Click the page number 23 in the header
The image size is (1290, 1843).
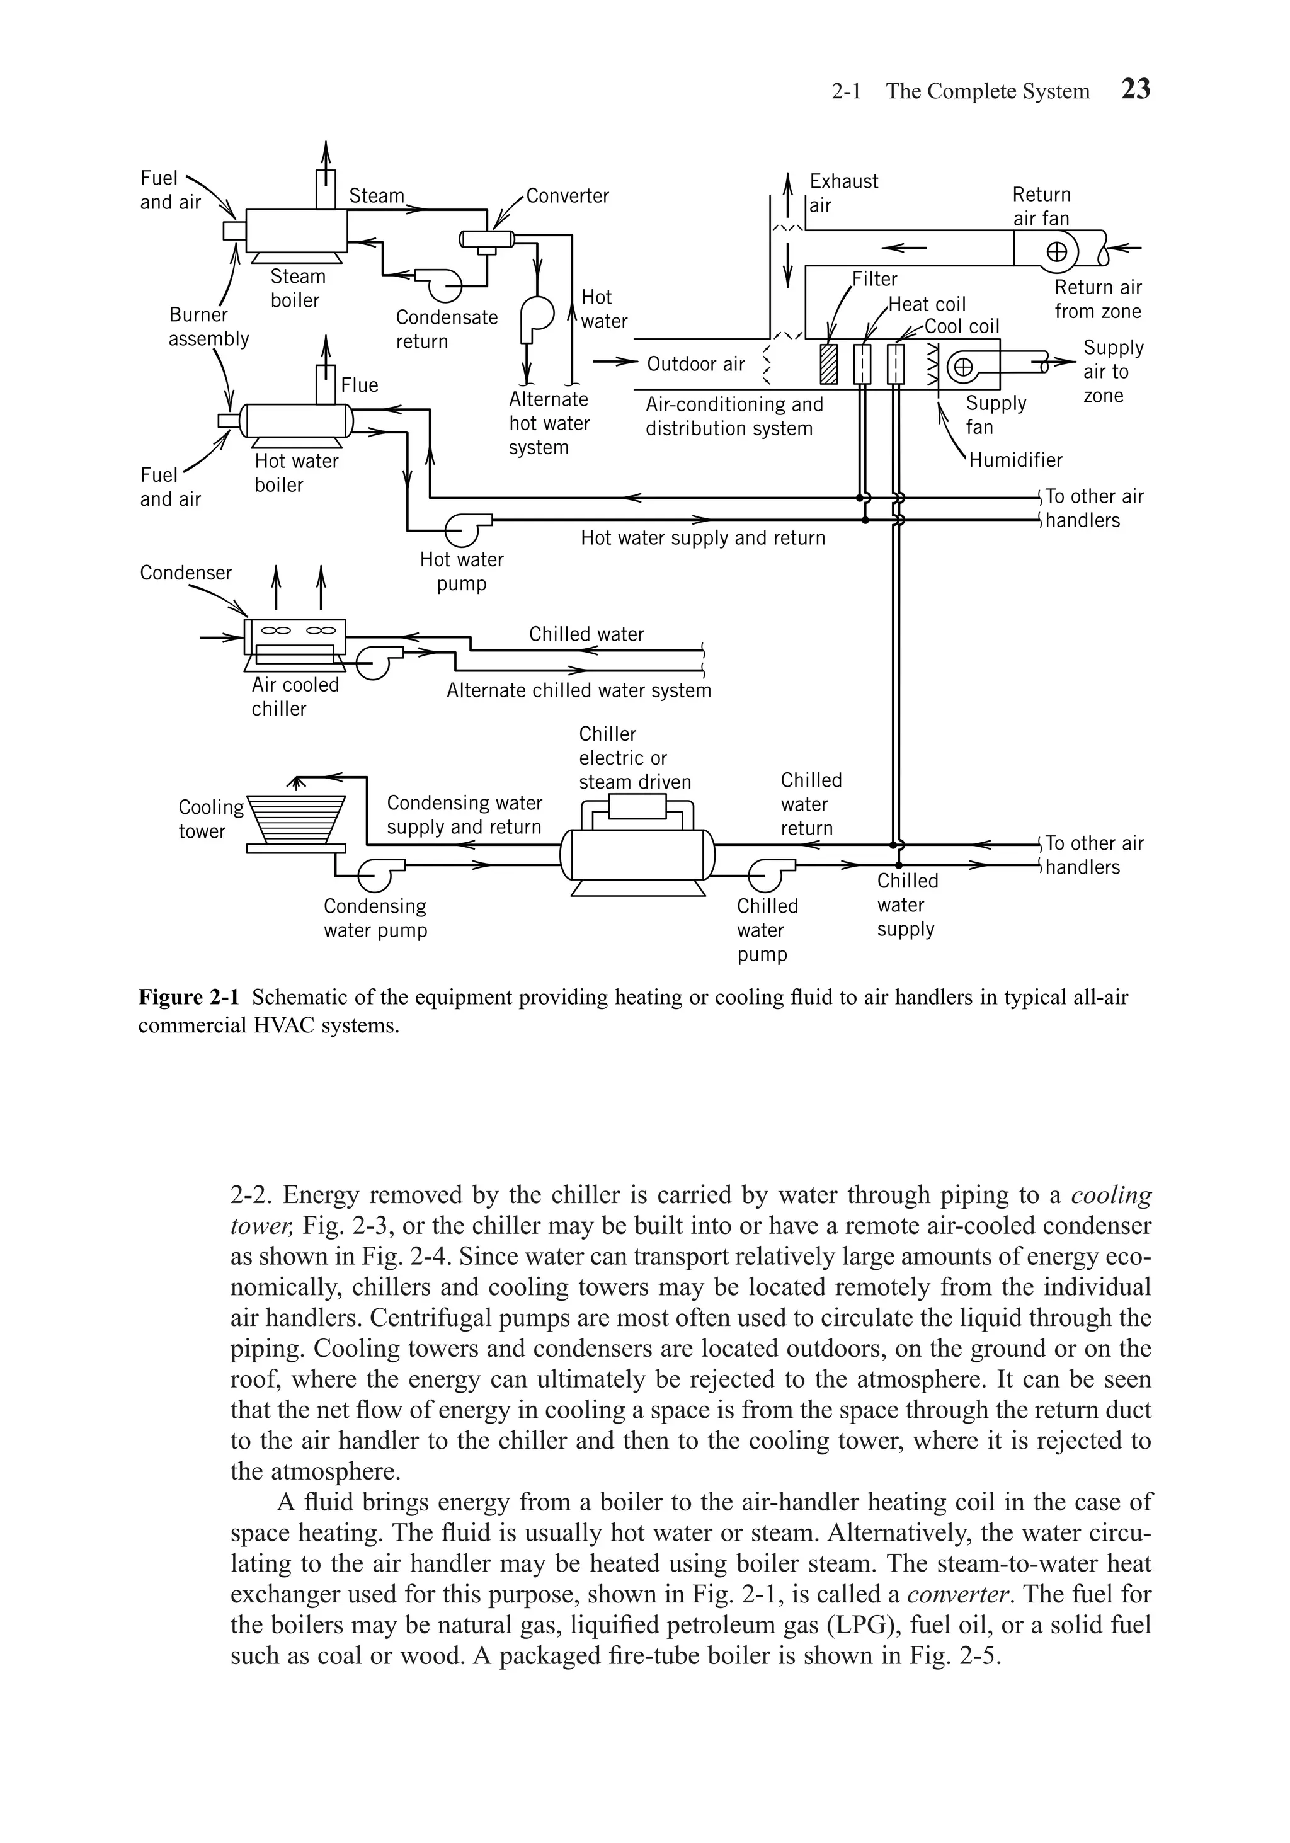point(1135,89)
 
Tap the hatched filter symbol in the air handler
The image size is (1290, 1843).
point(828,365)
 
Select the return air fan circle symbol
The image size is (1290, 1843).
point(1057,252)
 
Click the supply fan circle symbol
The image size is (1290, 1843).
point(962,368)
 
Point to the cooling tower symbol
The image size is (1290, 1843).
point(295,819)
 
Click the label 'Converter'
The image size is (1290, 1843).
point(567,196)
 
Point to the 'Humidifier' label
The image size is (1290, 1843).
point(1015,460)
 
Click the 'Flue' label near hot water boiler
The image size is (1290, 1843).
point(359,385)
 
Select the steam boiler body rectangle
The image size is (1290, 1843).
point(296,231)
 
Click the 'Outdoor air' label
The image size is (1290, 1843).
point(695,365)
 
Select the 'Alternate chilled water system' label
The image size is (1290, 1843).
point(578,690)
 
